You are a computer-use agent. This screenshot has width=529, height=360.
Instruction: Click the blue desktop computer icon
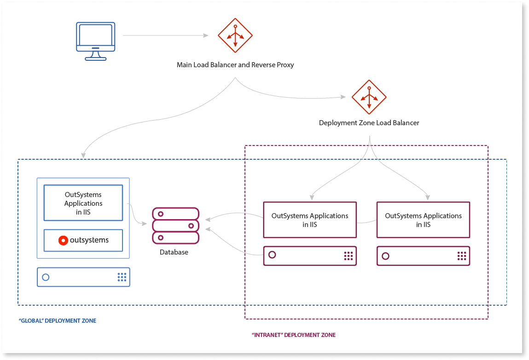click(x=95, y=41)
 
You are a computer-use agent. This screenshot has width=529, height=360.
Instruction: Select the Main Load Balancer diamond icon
click(x=235, y=35)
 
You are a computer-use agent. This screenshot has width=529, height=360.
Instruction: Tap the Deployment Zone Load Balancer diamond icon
click(x=369, y=97)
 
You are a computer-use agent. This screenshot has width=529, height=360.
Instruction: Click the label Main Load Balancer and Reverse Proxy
click(x=235, y=65)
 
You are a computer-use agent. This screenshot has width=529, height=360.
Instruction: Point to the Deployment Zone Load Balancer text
click(x=369, y=123)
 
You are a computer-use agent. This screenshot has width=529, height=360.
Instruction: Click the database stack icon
click(x=175, y=226)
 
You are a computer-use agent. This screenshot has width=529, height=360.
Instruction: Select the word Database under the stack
click(x=174, y=252)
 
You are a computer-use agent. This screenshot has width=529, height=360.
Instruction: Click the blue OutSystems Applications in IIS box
click(x=83, y=203)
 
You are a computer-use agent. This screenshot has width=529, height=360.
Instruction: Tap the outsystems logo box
click(x=83, y=240)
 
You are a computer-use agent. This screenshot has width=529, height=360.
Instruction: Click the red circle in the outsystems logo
click(x=64, y=240)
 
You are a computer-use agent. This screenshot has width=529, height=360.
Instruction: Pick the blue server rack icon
click(x=83, y=277)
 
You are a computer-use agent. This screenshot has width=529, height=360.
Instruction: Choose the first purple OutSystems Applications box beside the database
click(x=310, y=220)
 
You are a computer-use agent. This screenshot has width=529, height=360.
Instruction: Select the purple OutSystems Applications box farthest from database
click(x=423, y=220)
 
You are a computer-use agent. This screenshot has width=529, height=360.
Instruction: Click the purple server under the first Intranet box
click(x=310, y=256)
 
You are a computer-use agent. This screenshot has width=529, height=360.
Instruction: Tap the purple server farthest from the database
click(x=423, y=256)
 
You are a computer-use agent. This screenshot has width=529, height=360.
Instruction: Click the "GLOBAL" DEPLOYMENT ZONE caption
click(x=57, y=321)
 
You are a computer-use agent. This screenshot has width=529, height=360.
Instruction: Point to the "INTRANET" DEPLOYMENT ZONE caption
click(x=294, y=335)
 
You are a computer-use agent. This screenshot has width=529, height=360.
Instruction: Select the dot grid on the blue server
click(x=122, y=277)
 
